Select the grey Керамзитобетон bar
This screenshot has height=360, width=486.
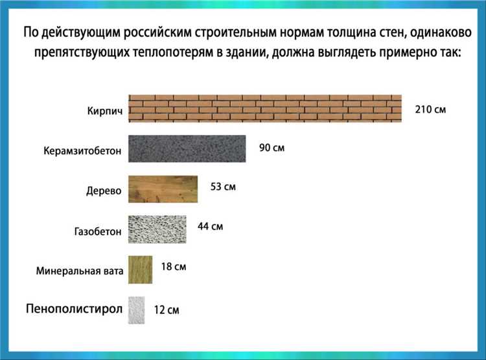pos(187,149)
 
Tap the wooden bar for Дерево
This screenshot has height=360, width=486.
pos(163,189)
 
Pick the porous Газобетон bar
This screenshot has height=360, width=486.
pos(157,229)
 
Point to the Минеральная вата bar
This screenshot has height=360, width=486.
pos(141,269)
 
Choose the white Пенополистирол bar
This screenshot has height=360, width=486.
pos(136,309)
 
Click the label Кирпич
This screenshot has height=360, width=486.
pos(104,111)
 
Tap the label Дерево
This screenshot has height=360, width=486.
pos(104,191)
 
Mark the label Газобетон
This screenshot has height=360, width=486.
pos(98,232)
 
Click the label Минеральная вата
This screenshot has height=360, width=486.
pos(80,271)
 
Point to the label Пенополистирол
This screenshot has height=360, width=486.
pos(74,308)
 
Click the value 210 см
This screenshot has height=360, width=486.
pos(430,109)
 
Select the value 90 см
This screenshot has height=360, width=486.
pos(272,148)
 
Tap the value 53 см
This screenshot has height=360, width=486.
pos(223,187)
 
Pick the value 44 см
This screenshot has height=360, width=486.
pos(210,226)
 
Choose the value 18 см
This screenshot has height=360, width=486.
pos(173,267)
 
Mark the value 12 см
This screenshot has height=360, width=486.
pos(167,310)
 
